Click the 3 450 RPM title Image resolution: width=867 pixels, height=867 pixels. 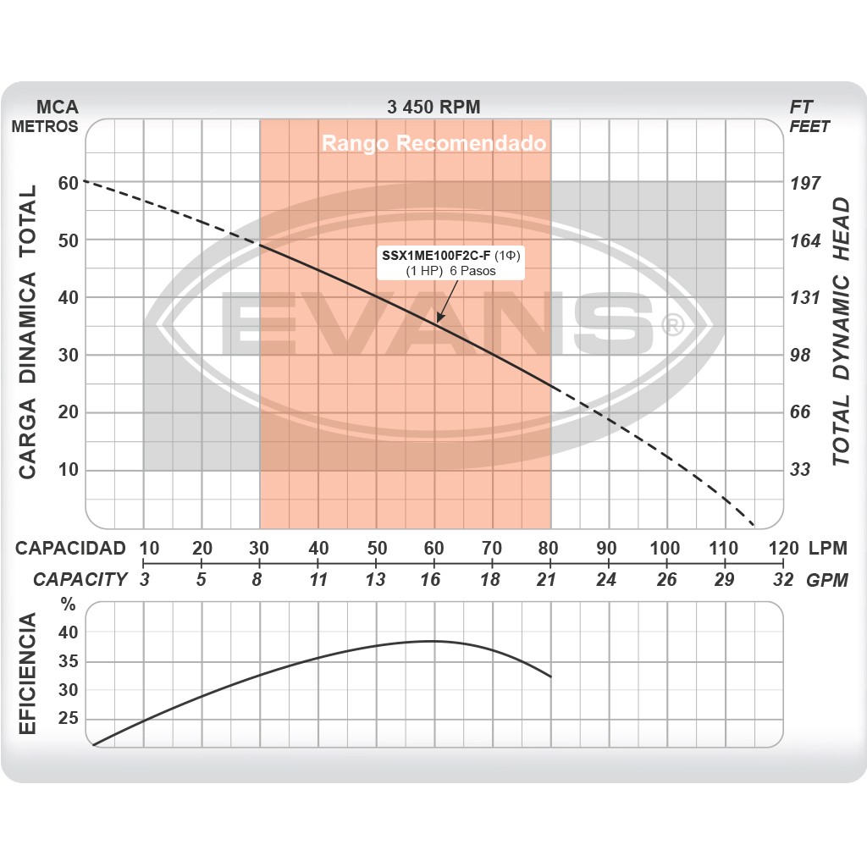point(433,107)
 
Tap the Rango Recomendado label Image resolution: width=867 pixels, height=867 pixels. point(433,143)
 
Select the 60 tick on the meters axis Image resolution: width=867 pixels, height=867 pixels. point(68,183)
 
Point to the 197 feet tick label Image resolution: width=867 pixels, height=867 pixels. point(805,184)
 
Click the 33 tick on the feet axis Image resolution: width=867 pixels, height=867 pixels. point(800,469)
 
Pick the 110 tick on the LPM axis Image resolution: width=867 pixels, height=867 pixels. point(724,548)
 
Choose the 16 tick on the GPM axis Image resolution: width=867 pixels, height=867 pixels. point(433,579)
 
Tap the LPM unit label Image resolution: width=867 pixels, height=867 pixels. point(827,548)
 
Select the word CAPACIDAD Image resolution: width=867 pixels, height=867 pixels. point(70,548)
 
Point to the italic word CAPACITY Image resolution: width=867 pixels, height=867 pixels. point(80,579)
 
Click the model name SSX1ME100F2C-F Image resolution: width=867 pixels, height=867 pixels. point(436,255)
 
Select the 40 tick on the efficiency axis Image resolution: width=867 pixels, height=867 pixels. point(68,632)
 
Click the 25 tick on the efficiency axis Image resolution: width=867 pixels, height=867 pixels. point(68,719)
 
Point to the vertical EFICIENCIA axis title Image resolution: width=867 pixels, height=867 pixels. point(28,675)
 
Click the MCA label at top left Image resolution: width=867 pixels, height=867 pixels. point(58,107)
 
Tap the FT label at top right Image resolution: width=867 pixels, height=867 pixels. point(801,107)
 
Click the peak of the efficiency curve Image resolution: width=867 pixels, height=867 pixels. point(433,641)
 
